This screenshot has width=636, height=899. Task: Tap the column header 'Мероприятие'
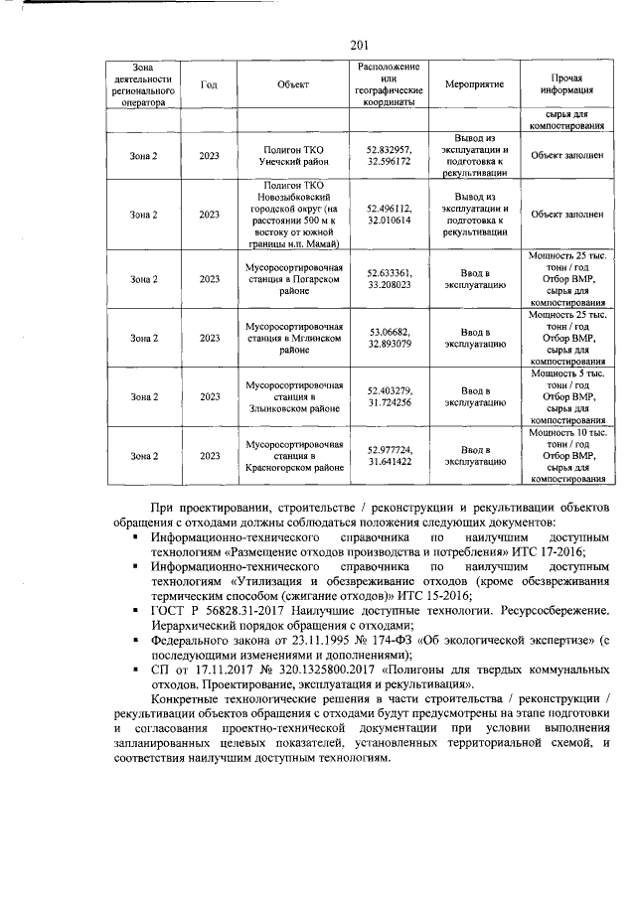tap(471, 84)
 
